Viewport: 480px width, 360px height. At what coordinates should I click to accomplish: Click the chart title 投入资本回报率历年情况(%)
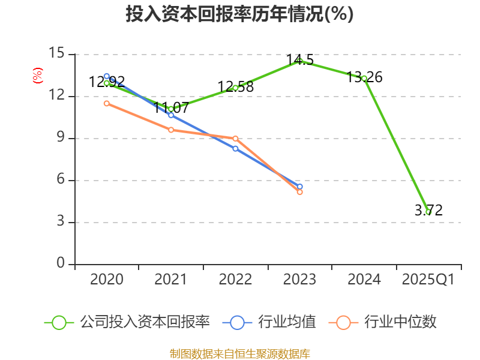coord(239,14)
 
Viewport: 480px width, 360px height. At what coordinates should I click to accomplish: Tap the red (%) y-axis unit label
coord(38,76)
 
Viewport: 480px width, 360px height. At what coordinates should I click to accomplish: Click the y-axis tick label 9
coord(60,138)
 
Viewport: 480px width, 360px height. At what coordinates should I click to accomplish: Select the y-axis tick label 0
coord(60,264)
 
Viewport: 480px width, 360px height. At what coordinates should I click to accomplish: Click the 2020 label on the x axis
coord(106,280)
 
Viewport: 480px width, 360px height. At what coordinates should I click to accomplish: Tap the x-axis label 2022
coord(235,280)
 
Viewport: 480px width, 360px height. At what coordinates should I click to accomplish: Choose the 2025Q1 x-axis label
coord(428,280)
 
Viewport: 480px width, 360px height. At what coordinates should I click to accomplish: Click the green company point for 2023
coord(299,61)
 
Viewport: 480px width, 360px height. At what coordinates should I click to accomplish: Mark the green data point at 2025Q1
coord(428,212)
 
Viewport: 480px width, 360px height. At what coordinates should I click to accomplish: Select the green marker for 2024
coord(364,78)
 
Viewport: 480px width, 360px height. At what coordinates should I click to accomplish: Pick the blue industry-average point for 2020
coord(106,76)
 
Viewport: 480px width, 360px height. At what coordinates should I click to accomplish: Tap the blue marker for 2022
coord(235,148)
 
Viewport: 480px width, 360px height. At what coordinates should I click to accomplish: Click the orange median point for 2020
coord(106,103)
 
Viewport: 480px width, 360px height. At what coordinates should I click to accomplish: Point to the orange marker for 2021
coord(171,130)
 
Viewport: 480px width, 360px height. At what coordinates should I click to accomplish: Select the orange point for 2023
coord(299,192)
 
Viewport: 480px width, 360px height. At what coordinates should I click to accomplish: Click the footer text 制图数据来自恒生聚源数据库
coord(239,353)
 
